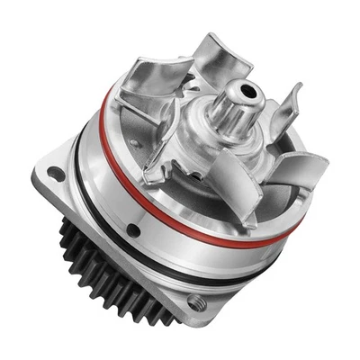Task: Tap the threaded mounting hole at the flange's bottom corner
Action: coord(196,303)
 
